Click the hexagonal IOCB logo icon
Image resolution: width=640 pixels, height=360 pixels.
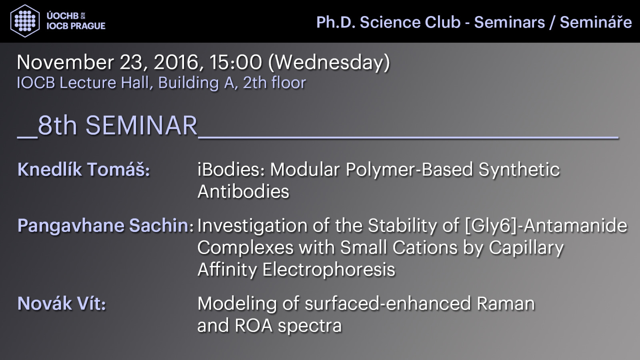[x=25, y=21]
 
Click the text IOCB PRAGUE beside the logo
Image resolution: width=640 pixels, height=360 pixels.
[x=76, y=26]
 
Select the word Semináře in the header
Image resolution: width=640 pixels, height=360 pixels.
[x=596, y=22]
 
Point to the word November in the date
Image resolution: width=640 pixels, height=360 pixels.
[x=66, y=62]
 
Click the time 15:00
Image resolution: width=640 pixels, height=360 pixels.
[x=236, y=62]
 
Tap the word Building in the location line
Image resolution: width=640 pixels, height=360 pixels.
[x=188, y=83]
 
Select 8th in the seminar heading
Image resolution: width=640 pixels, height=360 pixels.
[x=58, y=126]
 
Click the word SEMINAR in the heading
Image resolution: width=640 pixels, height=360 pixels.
[x=142, y=126]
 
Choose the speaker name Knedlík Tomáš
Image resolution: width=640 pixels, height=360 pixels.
[x=84, y=170]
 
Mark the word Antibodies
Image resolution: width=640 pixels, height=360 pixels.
[x=244, y=191]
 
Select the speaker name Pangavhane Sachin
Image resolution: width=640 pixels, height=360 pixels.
[x=106, y=226]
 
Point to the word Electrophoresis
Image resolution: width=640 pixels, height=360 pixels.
[x=328, y=270]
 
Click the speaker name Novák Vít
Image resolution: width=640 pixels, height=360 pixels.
[x=62, y=303]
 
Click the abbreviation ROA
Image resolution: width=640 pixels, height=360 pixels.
[x=254, y=326]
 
